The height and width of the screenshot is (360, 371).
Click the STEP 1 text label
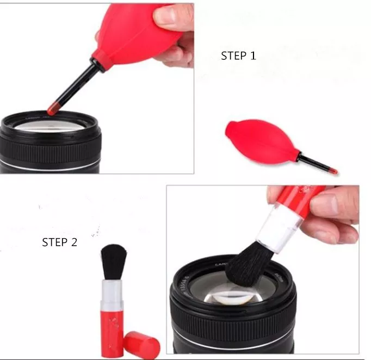pos(238,55)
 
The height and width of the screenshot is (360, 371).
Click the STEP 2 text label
pos(59,243)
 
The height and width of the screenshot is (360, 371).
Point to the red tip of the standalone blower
pos(331,171)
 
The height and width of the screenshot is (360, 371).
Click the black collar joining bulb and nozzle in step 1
pos(96,65)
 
